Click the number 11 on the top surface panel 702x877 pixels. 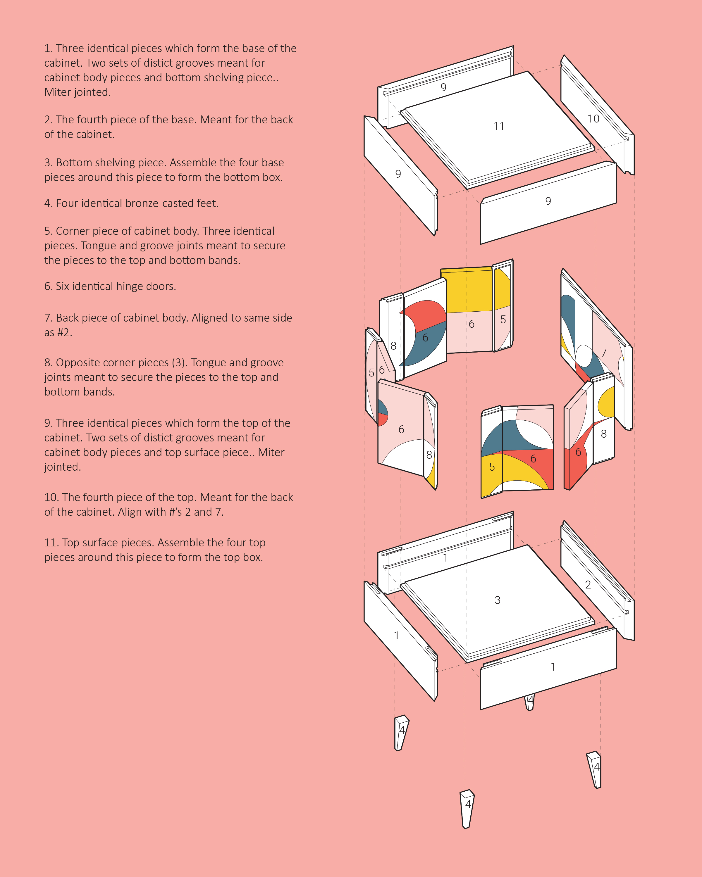[x=498, y=127]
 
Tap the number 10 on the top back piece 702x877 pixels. [x=593, y=119]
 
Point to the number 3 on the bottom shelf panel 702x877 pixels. [x=497, y=600]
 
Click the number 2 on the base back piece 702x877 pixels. [x=588, y=585]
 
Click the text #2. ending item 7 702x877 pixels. [x=64, y=332]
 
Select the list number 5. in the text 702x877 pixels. [x=49, y=231]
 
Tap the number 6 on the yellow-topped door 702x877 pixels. [x=471, y=324]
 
